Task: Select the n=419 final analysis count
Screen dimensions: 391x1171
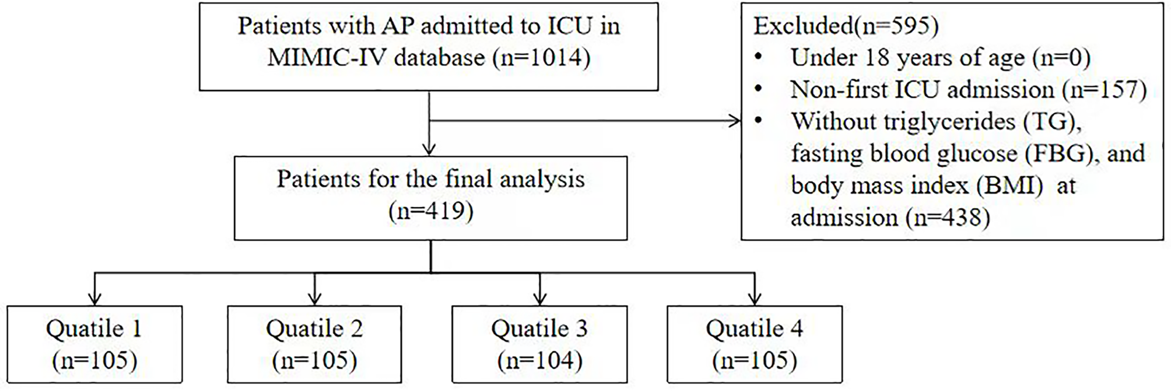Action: [430, 211]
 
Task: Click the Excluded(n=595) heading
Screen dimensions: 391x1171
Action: [846, 26]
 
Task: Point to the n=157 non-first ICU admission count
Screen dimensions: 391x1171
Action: [1103, 90]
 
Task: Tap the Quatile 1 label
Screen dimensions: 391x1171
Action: [94, 329]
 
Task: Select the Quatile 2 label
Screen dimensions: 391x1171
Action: [314, 329]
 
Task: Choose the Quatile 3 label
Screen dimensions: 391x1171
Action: [539, 329]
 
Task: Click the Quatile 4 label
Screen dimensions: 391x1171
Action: [754, 329]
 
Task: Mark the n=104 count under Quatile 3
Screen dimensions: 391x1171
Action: [539, 361]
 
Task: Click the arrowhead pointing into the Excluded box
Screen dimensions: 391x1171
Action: [735, 121]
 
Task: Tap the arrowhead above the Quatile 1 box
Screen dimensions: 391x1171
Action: [94, 299]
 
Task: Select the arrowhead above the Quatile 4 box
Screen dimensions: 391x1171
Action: [755, 299]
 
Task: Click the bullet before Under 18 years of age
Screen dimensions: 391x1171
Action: [758, 58]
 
